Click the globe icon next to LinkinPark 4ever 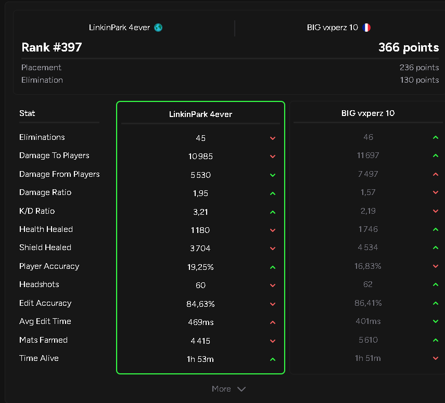(158, 28)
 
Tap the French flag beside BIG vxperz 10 (366, 28)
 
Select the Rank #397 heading (52, 47)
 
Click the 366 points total (409, 47)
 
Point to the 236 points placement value (419, 68)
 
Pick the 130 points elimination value (419, 80)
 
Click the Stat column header (27, 113)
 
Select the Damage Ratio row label (45, 192)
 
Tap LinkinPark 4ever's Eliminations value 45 (201, 138)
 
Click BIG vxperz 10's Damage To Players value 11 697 (368, 155)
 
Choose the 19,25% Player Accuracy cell (200, 267)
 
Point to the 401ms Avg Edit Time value (368, 321)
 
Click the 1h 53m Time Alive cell (200, 359)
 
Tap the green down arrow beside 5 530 (273, 175)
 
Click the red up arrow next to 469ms (273, 322)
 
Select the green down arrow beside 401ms (436, 321)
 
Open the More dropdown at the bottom (228, 389)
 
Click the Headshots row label (39, 284)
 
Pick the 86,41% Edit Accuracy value (368, 303)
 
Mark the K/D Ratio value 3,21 (201, 212)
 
